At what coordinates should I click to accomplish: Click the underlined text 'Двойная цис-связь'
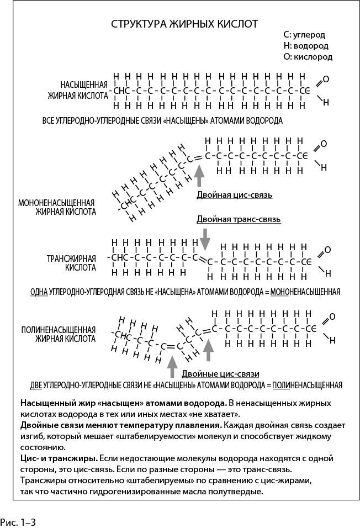click(234, 195)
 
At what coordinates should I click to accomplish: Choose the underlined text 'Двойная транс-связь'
click(239, 219)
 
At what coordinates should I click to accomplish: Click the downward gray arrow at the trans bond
click(205, 238)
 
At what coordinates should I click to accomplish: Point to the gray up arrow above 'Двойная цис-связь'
click(200, 177)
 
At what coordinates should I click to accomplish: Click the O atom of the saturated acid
click(326, 80)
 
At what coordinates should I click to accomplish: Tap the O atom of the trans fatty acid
click(327, 250)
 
